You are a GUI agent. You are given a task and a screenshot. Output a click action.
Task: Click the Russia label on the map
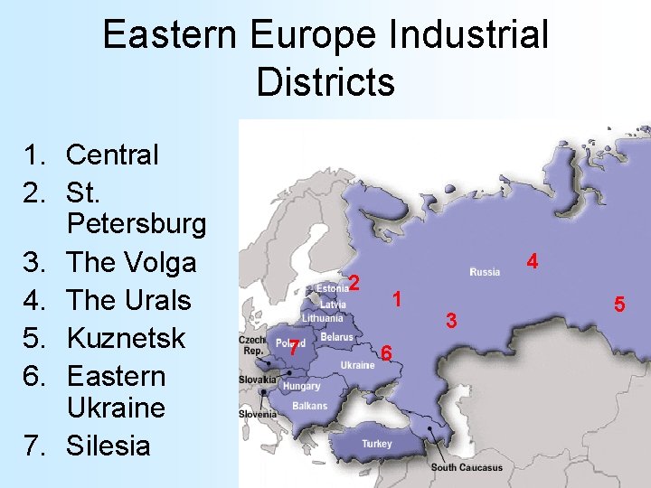485,272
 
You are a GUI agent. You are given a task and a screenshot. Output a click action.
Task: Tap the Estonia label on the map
332,289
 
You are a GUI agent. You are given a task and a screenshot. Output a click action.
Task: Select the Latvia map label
333,305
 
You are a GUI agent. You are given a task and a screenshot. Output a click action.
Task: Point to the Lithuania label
323,318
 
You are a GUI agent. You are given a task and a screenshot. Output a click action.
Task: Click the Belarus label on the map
336,337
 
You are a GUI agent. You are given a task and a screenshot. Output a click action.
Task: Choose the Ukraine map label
357,365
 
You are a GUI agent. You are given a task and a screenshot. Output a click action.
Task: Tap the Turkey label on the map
377,444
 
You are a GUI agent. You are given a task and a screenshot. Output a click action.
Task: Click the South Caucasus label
466,467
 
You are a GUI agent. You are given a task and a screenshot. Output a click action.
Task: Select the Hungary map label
301,386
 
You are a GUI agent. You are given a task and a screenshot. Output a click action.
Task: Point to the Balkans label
310,406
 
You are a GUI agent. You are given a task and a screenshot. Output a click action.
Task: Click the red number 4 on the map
533,262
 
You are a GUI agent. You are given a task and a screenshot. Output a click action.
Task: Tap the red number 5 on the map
619,305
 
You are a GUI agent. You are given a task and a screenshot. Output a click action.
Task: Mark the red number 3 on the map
452,320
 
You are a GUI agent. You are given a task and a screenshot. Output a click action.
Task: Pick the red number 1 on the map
396,299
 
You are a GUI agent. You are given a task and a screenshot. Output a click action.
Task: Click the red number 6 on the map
386,352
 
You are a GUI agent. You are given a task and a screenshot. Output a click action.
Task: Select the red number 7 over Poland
294,348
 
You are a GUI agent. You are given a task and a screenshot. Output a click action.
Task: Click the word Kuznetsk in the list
126,338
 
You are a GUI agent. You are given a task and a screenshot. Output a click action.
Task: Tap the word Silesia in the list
108,445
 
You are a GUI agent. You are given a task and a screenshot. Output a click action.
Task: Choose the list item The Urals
128,300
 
